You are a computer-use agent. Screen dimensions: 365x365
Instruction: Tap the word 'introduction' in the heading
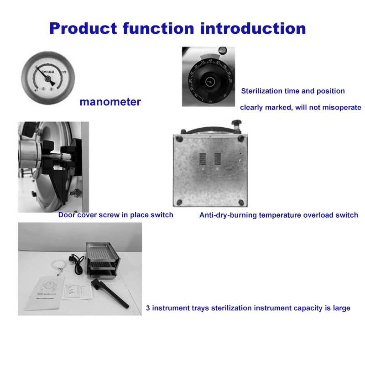pyautogui.click(x=253, y=28)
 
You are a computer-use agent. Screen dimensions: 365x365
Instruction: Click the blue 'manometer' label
pyautogui.click(x=110, y=102)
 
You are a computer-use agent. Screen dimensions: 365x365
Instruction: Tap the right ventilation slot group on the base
pyautogui.click(x=218, y=159)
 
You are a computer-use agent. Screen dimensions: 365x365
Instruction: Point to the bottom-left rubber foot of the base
pyautogui.click(x=178, y=201)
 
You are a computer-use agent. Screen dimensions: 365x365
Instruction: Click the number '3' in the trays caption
pyautogui.click(x=148, y=308)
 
